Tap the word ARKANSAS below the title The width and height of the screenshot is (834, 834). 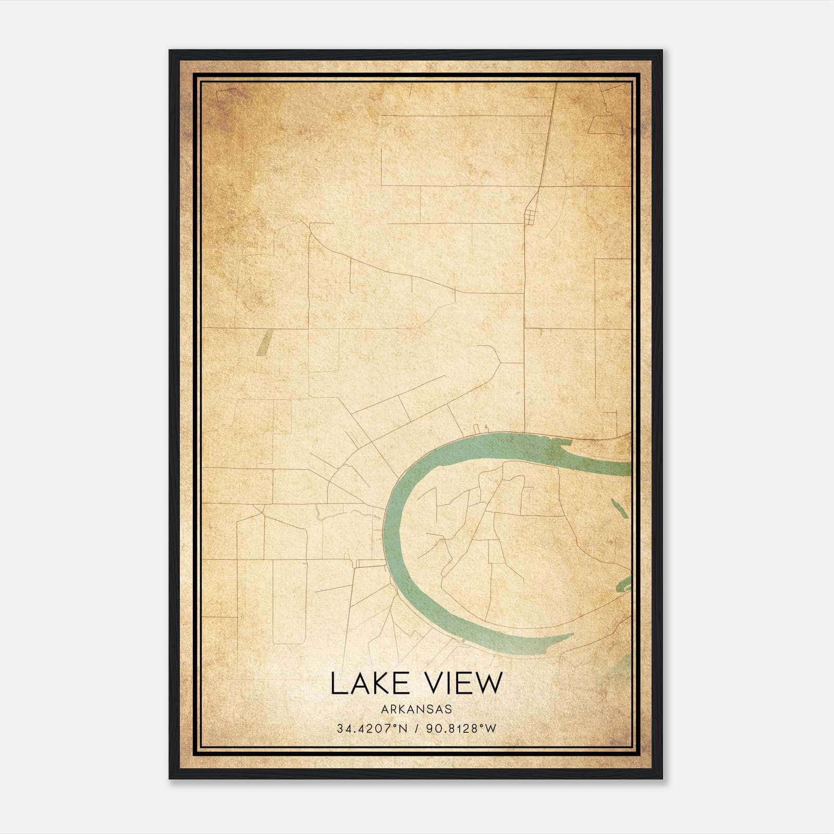416,709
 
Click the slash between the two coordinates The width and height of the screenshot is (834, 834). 416,729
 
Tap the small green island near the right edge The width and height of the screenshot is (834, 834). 617,506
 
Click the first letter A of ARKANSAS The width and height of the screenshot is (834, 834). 385,709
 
